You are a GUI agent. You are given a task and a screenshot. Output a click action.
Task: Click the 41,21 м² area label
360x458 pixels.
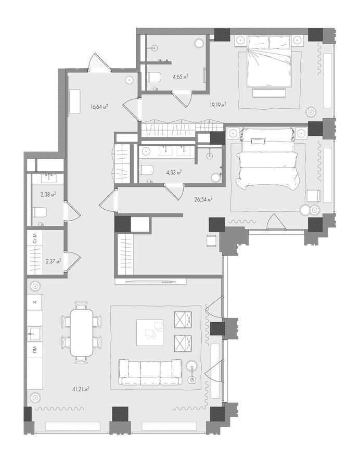pyautogui.click(x=81, y=389)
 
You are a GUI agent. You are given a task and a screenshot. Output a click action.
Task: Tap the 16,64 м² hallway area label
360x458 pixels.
pyautogui.click(x=99, y=107)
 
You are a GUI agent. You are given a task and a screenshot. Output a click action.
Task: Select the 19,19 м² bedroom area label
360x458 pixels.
pyautogui.click(x=218, y=105)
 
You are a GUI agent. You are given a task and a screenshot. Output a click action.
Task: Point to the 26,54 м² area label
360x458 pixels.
pyautogui.click(x=203, y=199)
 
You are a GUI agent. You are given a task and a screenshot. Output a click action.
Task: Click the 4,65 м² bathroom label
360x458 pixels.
pyautogui.click(x=181, y=77)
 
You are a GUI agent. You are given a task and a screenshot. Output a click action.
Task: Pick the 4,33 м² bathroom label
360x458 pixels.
pyautogui.click(x=174, y=172)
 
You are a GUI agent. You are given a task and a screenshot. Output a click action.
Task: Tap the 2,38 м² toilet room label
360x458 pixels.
pyautogui.click(x=48, y=194)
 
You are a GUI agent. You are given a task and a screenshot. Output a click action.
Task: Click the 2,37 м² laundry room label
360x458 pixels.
pyautogui.click(x=54, y=261)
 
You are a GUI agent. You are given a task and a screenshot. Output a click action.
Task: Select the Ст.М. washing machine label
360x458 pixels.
pyautogui.click(x=35, y=238)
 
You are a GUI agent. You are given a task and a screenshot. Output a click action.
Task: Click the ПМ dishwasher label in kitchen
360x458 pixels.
pyautogui.click(x=35, y=349)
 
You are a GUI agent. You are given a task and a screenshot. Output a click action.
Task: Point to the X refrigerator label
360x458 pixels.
pyautogui.click(x=35, y=302)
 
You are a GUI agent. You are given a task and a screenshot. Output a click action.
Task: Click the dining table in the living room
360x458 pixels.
pyautogui.click(x=82, y=333)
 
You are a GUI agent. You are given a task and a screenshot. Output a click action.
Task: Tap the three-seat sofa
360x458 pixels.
pyautogui.click(x=150, y=372)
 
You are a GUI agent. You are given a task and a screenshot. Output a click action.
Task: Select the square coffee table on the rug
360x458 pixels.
pyautogui.click(x=150, y=332)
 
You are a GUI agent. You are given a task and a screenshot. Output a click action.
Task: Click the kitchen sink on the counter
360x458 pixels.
pyautogui.click(x=34, y=333)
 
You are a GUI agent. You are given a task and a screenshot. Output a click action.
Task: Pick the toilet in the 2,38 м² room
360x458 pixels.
pyautogui.click(x=39, y=212)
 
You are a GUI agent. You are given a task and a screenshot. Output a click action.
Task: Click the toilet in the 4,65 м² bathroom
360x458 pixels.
pyautogui.click(x=154, y=77)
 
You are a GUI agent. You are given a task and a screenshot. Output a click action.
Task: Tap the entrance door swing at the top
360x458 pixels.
pyautogui.click(x=99, y=62)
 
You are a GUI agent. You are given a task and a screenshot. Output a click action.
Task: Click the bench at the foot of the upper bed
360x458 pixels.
pyautogui.click(x=269, y=93)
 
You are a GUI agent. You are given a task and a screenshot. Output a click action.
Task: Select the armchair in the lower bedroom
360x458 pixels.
pyautogui.click(x=313, y=196)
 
